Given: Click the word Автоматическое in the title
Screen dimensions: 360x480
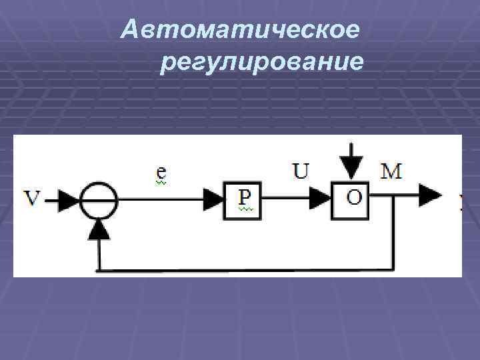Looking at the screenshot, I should pos(241,30).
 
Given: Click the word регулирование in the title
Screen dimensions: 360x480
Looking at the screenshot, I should pos(261,63).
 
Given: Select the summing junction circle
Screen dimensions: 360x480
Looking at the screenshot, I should pos(99,198).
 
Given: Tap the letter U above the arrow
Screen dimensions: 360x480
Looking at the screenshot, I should pos(301,172).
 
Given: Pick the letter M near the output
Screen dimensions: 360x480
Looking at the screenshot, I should pos(391,172).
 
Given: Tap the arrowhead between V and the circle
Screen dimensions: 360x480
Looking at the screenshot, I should pos(69,198).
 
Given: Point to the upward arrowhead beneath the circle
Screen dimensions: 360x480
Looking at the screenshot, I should pos(99,230).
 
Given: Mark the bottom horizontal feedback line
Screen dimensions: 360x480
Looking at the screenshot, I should pos(247,270).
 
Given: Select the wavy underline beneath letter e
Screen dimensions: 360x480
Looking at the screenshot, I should pos(161,182).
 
